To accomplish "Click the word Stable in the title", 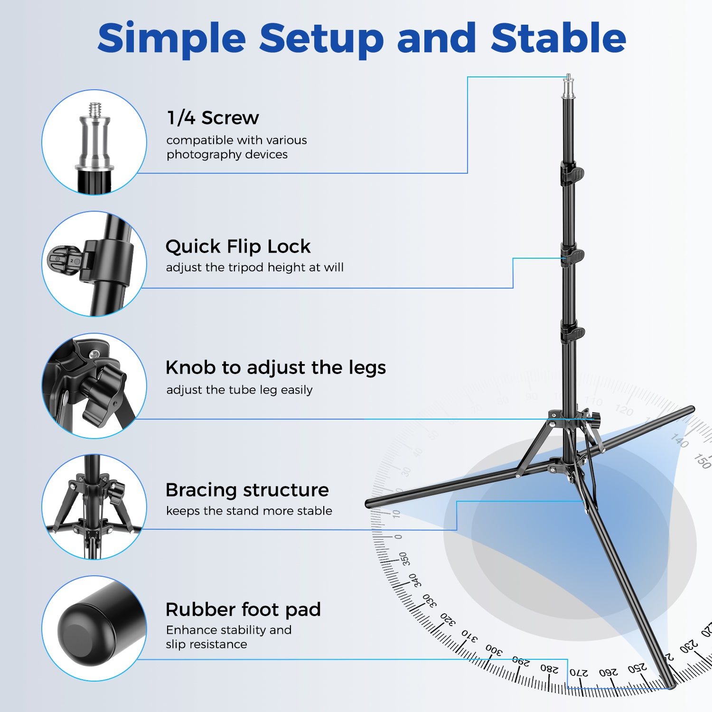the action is click(x=559, y=38).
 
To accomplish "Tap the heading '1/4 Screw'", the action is click(x=213, y=118).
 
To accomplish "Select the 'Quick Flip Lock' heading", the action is click(x=238, y=247).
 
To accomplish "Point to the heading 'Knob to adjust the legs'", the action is click(x=276, y=368).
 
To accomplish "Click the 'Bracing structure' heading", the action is click(x=247, y=490).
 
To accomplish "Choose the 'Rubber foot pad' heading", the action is click(x=243, y=610).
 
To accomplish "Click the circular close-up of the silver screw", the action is click(x=94, y=142).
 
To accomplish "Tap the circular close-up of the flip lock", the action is click(x=94, y=264).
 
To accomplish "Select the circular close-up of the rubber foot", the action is click(x=94, y=628).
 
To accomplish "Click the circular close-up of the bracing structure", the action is click(x=94, y=507).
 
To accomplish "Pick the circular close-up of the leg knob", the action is click(x=94, y=385).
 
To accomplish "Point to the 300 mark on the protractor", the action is click(x=494, y=650).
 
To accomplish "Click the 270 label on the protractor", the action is click(x=578, y=672).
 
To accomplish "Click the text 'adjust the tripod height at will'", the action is click(x=255, y=268).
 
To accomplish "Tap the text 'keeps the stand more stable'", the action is click(x=249, y=511).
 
